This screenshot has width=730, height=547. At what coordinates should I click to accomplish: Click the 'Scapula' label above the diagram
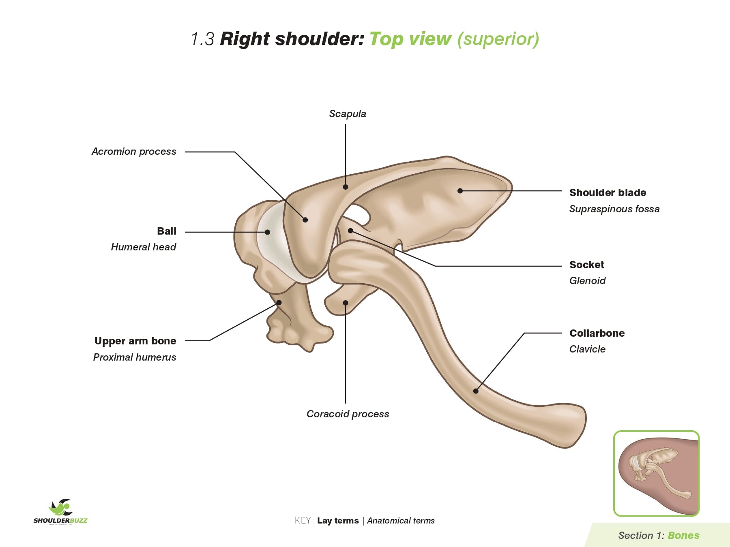click(x=348, y=114)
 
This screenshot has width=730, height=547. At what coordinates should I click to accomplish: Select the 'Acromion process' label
click(x=134, y=152)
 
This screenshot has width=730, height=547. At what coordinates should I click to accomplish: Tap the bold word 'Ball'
click(x=167, y=231)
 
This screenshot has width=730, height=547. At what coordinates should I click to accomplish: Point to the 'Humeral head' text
click(x=144, y=247)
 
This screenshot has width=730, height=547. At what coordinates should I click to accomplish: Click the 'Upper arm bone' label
click(x=135, y=341)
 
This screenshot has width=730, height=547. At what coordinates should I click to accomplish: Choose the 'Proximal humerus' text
click(x=135, y=357)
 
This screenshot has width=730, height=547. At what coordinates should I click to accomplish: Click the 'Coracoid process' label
click(x=348, y=414)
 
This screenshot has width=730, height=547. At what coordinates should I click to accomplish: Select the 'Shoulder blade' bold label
click(x=608, y=193)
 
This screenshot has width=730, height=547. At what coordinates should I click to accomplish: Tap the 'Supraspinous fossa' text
click(x=614, y=209)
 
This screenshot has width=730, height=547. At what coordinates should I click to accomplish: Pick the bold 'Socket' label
click(x=586, y=265)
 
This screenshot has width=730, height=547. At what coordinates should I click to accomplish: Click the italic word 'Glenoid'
click(x=587, y=281)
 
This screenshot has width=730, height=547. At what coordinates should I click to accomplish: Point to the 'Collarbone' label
click(x=597, y=333)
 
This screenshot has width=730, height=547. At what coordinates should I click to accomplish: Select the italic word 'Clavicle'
click(x=587, y=349)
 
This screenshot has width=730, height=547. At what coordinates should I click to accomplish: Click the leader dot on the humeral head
click(x=268, y=232)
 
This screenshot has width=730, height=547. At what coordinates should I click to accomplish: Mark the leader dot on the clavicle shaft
click(x=476, y=391)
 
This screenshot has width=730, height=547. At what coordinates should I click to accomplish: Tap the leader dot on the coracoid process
click(x=346, y=303)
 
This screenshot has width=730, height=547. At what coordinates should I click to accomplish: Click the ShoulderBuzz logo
click(x=60, y=512)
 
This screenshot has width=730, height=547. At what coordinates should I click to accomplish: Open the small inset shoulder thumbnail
click(x=656, y=473)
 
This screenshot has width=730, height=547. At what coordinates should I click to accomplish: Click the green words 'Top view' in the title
click(x=410, y=39)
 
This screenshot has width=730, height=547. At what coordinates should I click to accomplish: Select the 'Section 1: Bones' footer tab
click(x=659, y=536)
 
